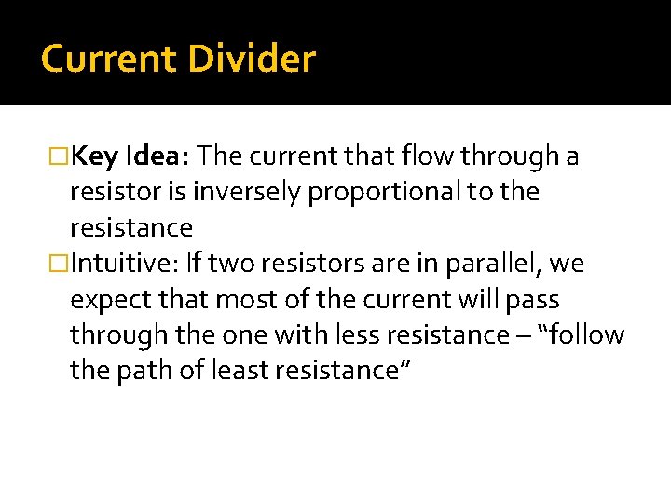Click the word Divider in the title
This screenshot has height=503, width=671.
252,59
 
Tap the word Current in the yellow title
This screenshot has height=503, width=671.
109,59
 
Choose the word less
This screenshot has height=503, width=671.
369,334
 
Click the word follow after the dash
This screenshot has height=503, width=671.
587,334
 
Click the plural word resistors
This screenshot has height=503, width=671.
308,264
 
